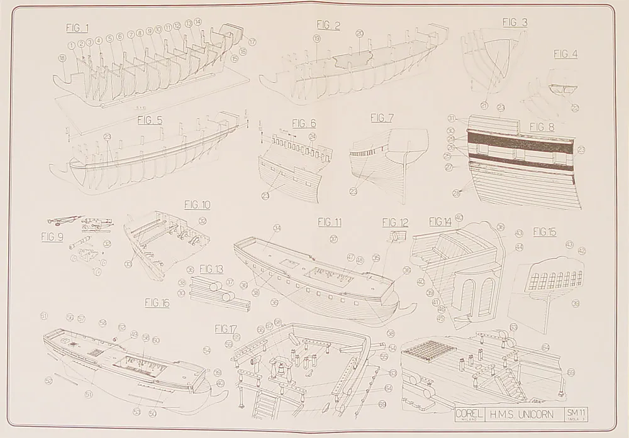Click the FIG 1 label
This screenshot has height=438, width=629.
77,28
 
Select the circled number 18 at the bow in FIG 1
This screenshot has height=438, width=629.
62,58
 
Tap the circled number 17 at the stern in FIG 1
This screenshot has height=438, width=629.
252,42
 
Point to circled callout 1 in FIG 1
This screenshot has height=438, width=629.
72,45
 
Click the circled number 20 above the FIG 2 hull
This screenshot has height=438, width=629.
359,33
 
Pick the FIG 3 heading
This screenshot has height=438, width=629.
515,23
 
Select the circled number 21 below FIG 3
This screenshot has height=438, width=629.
484,105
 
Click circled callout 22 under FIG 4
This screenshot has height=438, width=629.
575,108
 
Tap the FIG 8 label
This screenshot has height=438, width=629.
542,127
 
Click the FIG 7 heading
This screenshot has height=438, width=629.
382,118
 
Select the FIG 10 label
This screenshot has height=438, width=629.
197,205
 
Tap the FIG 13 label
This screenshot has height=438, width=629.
211,269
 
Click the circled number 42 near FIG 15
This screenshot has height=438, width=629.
582,251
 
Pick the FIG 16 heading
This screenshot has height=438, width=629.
157,303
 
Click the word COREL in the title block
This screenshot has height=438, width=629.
469,413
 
